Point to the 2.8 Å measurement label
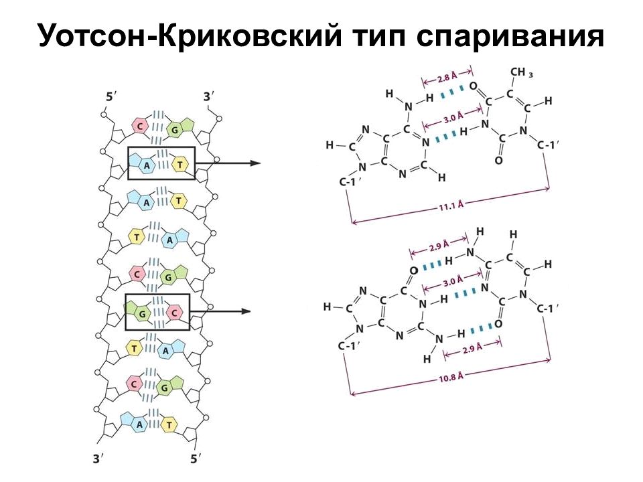pyautogui.click(x=447, y=77)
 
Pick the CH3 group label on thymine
pyautogui.click(x=521, y=73)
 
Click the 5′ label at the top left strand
pyautogui.click(x=111, y=97)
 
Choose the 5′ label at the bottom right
pyautogui.click(x=196, y=458)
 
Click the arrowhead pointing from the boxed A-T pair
pyautogui.click(x=255, y=163)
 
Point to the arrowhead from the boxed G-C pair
pyautogui.click(x=246, y=311)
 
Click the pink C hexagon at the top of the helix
pyautogui.click(x=140, y=126)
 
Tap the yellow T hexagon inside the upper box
pyautogui.click(x=180, y=165)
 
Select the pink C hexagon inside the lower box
pyautogui.click(x=174, y=313)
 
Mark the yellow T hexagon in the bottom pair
pyautogui.click(x=169, y=424)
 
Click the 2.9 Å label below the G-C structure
pyautogui.click(x=472, y=348)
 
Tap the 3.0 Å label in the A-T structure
pyautogui.click(x=453, y=118)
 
